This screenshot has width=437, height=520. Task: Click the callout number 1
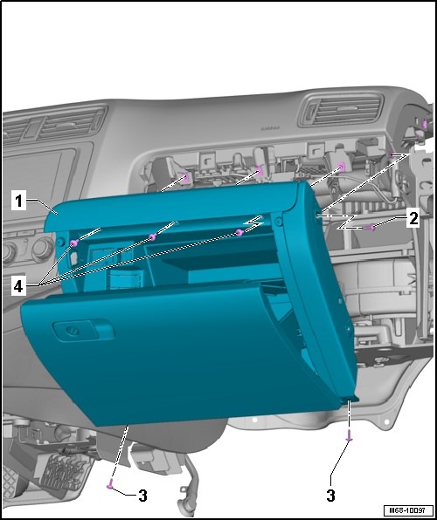[18, 201]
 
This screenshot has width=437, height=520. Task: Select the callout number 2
[413, 219]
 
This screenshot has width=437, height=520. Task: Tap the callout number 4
[18, 287]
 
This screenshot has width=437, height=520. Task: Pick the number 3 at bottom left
[142, 496]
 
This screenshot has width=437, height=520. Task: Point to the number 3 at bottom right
[330, 496]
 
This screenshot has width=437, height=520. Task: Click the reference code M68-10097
[408, 510]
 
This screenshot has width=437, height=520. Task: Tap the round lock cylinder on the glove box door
[70, 331]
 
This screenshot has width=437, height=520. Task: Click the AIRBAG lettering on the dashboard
[270, 128]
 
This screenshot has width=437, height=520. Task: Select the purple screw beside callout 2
[370, 228]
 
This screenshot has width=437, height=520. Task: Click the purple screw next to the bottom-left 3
[109, 484]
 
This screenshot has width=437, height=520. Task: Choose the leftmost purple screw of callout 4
[73, 243]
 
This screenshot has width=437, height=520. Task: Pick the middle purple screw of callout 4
[153, 236]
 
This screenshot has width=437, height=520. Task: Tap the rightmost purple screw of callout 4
[239, 232]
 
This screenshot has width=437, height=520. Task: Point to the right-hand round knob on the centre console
[43, 248]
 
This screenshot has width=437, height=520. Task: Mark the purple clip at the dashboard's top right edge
[424, 125]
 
